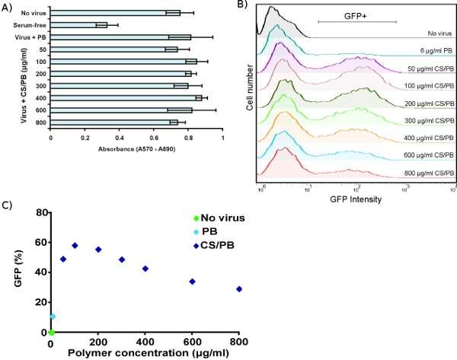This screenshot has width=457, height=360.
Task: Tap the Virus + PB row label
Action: point(28,37)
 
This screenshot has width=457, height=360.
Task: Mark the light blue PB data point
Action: point(53,316)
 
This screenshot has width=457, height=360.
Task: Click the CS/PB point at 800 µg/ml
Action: point(239,289)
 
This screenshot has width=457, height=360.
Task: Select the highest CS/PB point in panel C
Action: point(75,245)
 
